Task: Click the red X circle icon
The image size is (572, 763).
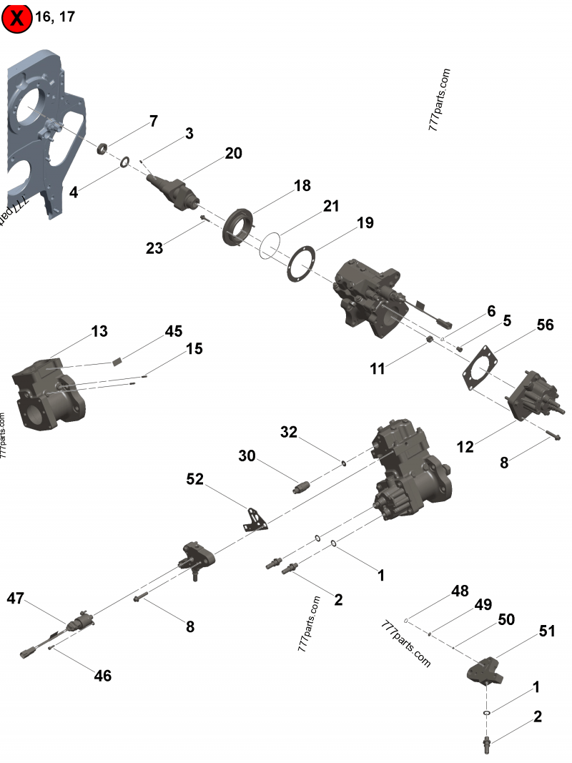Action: (x=17, y=18)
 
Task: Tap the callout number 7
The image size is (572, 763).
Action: (x=152, y=121)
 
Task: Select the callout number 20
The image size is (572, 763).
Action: (x=233, y=153)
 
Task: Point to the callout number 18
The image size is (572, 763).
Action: (x=302, y=186)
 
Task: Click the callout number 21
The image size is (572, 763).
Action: (x=330, y=206)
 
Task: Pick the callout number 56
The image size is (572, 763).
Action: (x=545, y=324)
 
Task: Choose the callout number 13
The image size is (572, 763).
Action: (x=99, y=331)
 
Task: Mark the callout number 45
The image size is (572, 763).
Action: (x=174, y=331)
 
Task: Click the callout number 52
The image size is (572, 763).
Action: (x=194, y=480)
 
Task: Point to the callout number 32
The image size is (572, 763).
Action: (x=288, y=432)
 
